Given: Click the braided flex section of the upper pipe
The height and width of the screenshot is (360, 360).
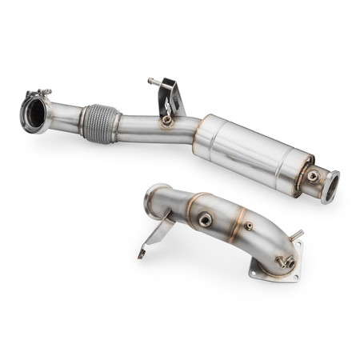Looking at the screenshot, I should click(98, 124).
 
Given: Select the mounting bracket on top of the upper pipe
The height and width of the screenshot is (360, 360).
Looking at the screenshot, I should click(170, 96).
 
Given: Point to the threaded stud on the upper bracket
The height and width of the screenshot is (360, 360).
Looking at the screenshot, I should click(152, 81).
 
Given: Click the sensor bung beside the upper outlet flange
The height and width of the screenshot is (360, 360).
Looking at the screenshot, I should click(313, 176).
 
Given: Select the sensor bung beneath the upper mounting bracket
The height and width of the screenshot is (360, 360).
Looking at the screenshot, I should click(166, 121).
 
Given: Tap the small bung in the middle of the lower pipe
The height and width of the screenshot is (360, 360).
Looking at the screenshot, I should click(248, 226).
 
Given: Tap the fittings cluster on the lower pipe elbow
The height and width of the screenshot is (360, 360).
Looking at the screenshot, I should click(284, 259).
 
